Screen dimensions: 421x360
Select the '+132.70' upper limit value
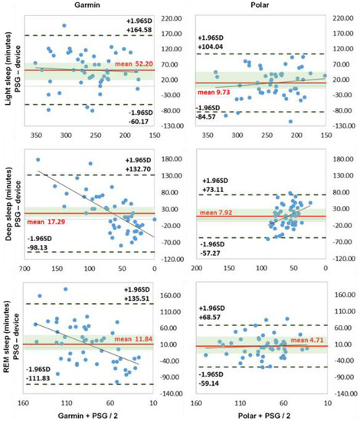pos(138,168)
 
